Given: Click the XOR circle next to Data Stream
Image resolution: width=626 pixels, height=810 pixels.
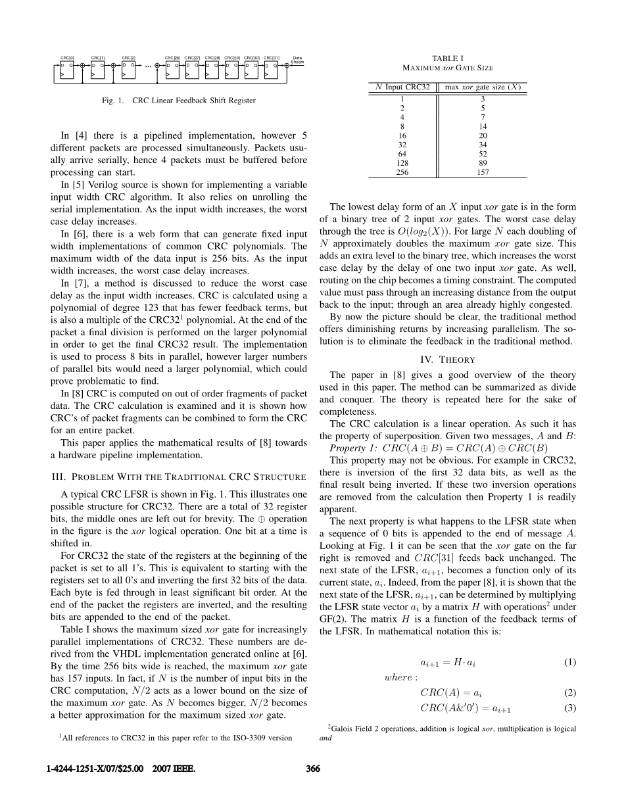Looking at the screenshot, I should click(287, 65).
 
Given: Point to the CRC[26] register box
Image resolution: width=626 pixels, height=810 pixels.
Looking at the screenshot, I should click(173, 70).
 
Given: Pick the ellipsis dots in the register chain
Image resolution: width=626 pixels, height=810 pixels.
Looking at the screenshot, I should click(148, 66).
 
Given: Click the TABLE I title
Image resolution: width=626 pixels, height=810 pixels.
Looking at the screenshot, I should click(447, 59).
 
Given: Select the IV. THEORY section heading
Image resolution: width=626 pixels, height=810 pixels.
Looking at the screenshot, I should click(447, 359).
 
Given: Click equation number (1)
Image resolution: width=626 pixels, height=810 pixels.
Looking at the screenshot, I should click(570, 663).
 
